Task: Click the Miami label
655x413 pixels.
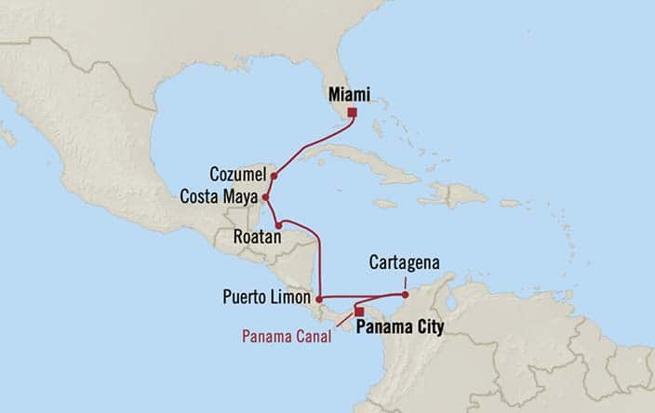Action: (349, 95)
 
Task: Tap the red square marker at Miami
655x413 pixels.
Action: (352, 113)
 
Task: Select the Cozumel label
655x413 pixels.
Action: (238, 174)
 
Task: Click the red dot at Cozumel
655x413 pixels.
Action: (274, 175)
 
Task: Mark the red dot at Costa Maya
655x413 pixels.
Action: (266, 197)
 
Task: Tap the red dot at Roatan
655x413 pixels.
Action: (278, 225)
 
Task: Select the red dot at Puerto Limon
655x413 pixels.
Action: (319, 299)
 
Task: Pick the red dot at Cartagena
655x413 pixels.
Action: (405, 295)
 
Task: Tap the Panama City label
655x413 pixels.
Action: (401, 327)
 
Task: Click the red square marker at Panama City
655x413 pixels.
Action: (359, 312)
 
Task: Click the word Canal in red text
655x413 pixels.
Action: (315, 336)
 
